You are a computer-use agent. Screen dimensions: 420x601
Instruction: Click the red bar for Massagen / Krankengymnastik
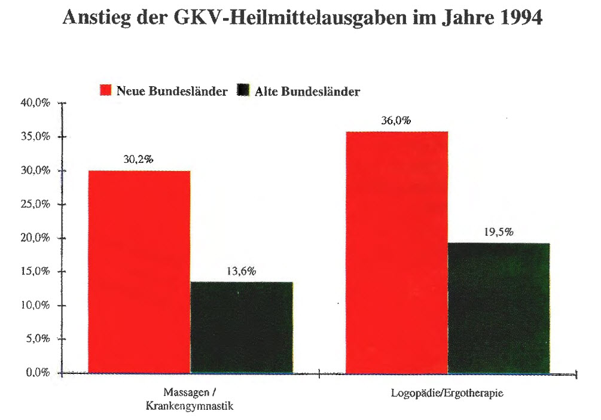tap(139, 272)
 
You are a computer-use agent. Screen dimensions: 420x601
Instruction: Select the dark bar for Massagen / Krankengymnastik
tap(241, 328)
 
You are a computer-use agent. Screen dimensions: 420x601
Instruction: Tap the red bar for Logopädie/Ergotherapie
tap(396, 252)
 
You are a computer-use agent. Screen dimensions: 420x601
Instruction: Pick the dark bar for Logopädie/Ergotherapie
tap(498, 308)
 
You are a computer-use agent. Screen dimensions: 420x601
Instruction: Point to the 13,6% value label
tap(241, 272)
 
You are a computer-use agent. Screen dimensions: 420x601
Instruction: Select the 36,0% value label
tap(396, 120)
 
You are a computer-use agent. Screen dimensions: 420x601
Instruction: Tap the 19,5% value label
tap(498, 233)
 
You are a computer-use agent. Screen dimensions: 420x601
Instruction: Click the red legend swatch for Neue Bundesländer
tap(106, 92)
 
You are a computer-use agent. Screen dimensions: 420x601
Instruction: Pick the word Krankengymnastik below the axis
tap(189, 406)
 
